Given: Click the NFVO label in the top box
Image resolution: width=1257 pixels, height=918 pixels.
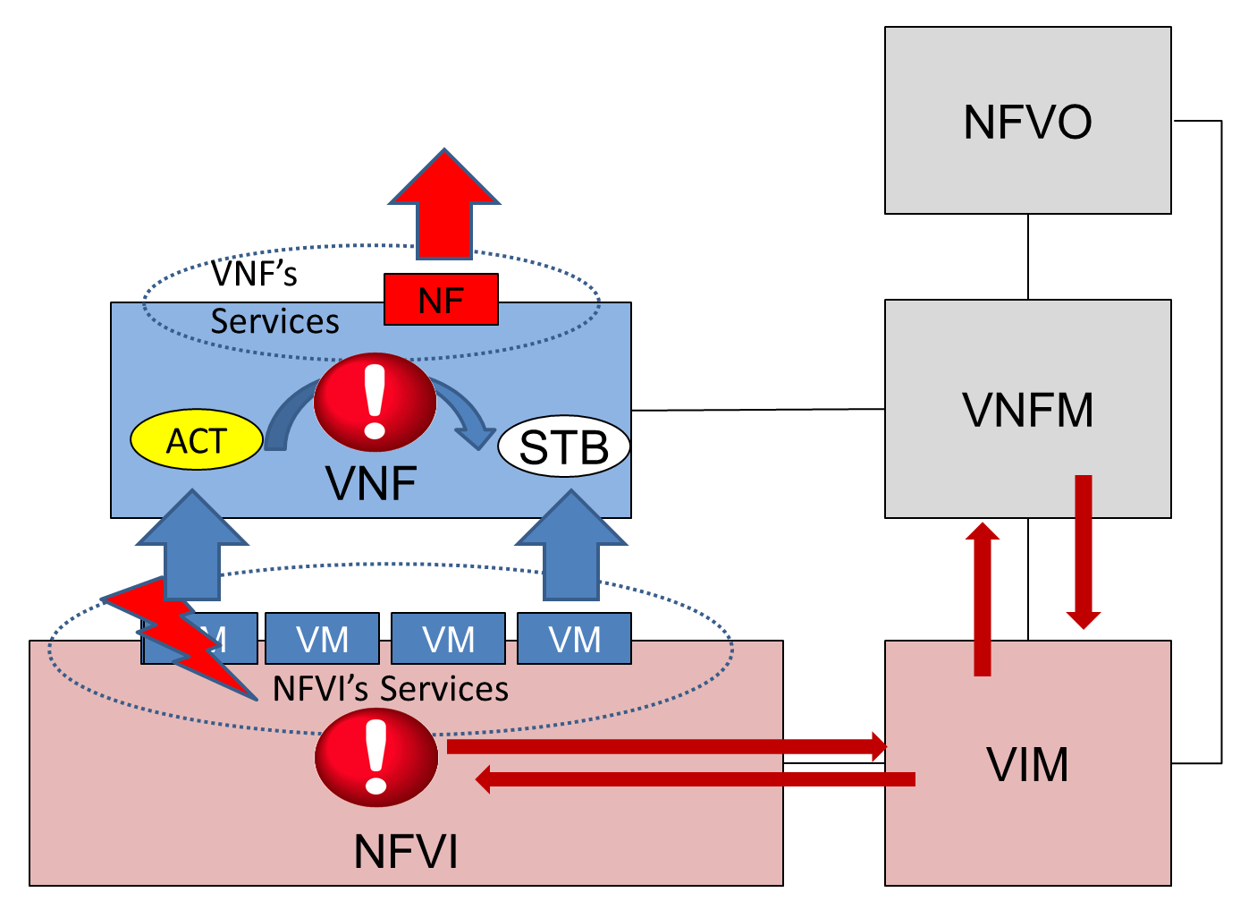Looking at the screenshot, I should [1027, 123].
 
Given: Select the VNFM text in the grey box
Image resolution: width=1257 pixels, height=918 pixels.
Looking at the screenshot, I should [1027, 411].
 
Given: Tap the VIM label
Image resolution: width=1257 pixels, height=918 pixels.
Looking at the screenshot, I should [1027, 765].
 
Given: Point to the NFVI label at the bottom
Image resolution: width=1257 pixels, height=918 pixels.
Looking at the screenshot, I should [406, 851].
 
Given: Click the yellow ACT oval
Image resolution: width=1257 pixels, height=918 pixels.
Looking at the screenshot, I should [197, 440].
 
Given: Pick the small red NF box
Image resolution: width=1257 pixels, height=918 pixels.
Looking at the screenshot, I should [441, 300].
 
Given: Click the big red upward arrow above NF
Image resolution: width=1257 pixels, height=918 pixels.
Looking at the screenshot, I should [443, 206].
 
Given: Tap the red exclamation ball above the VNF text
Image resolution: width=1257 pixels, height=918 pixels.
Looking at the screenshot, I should [375, 402].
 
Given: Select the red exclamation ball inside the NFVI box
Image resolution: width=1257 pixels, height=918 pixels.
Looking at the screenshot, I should [376, 757].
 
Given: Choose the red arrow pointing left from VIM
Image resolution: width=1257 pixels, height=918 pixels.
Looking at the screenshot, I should [697, 779].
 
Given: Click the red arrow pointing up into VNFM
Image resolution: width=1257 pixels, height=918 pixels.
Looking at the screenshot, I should [983, 599].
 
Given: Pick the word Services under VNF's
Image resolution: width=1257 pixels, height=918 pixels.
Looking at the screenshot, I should [274, 321].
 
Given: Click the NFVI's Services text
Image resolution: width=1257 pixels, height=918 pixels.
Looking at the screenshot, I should [391, 689].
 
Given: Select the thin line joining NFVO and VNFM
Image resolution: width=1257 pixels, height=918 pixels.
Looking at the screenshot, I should [1028, 257].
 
